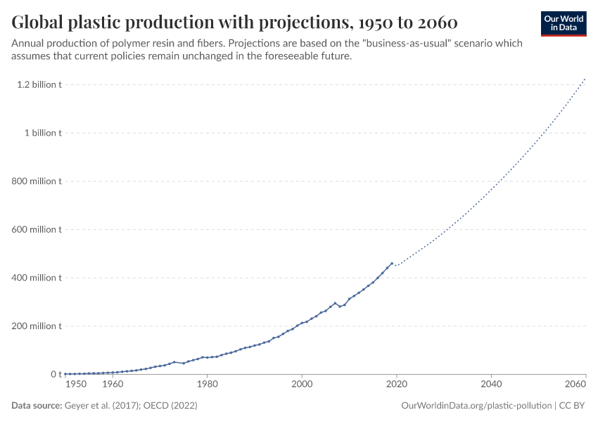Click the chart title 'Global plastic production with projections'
click(235, 22)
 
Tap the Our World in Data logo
click(563, 23)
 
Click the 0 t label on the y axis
click(56, 374)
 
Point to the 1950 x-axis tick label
click(76, 385)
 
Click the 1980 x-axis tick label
click(207, 385)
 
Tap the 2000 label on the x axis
click(302, 385)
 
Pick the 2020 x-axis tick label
click(397, 385)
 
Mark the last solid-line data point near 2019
click(392, 263)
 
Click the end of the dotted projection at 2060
click(585, 79)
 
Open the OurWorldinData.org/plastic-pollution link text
click(476, 406)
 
